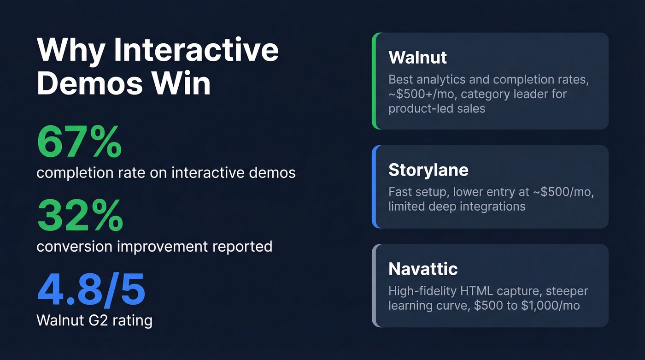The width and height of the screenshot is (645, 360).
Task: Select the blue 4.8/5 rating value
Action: point(91,290)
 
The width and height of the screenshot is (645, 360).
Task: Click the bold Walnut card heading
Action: point(417,58)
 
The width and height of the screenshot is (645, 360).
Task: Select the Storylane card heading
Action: point(428,170)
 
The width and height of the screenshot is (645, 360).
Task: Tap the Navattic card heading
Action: point(423,269)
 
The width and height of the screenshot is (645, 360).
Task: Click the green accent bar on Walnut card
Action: point(375,81)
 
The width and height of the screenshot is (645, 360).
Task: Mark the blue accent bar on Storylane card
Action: point(375,187)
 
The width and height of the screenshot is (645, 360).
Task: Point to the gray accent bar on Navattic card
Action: point(375,286)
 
